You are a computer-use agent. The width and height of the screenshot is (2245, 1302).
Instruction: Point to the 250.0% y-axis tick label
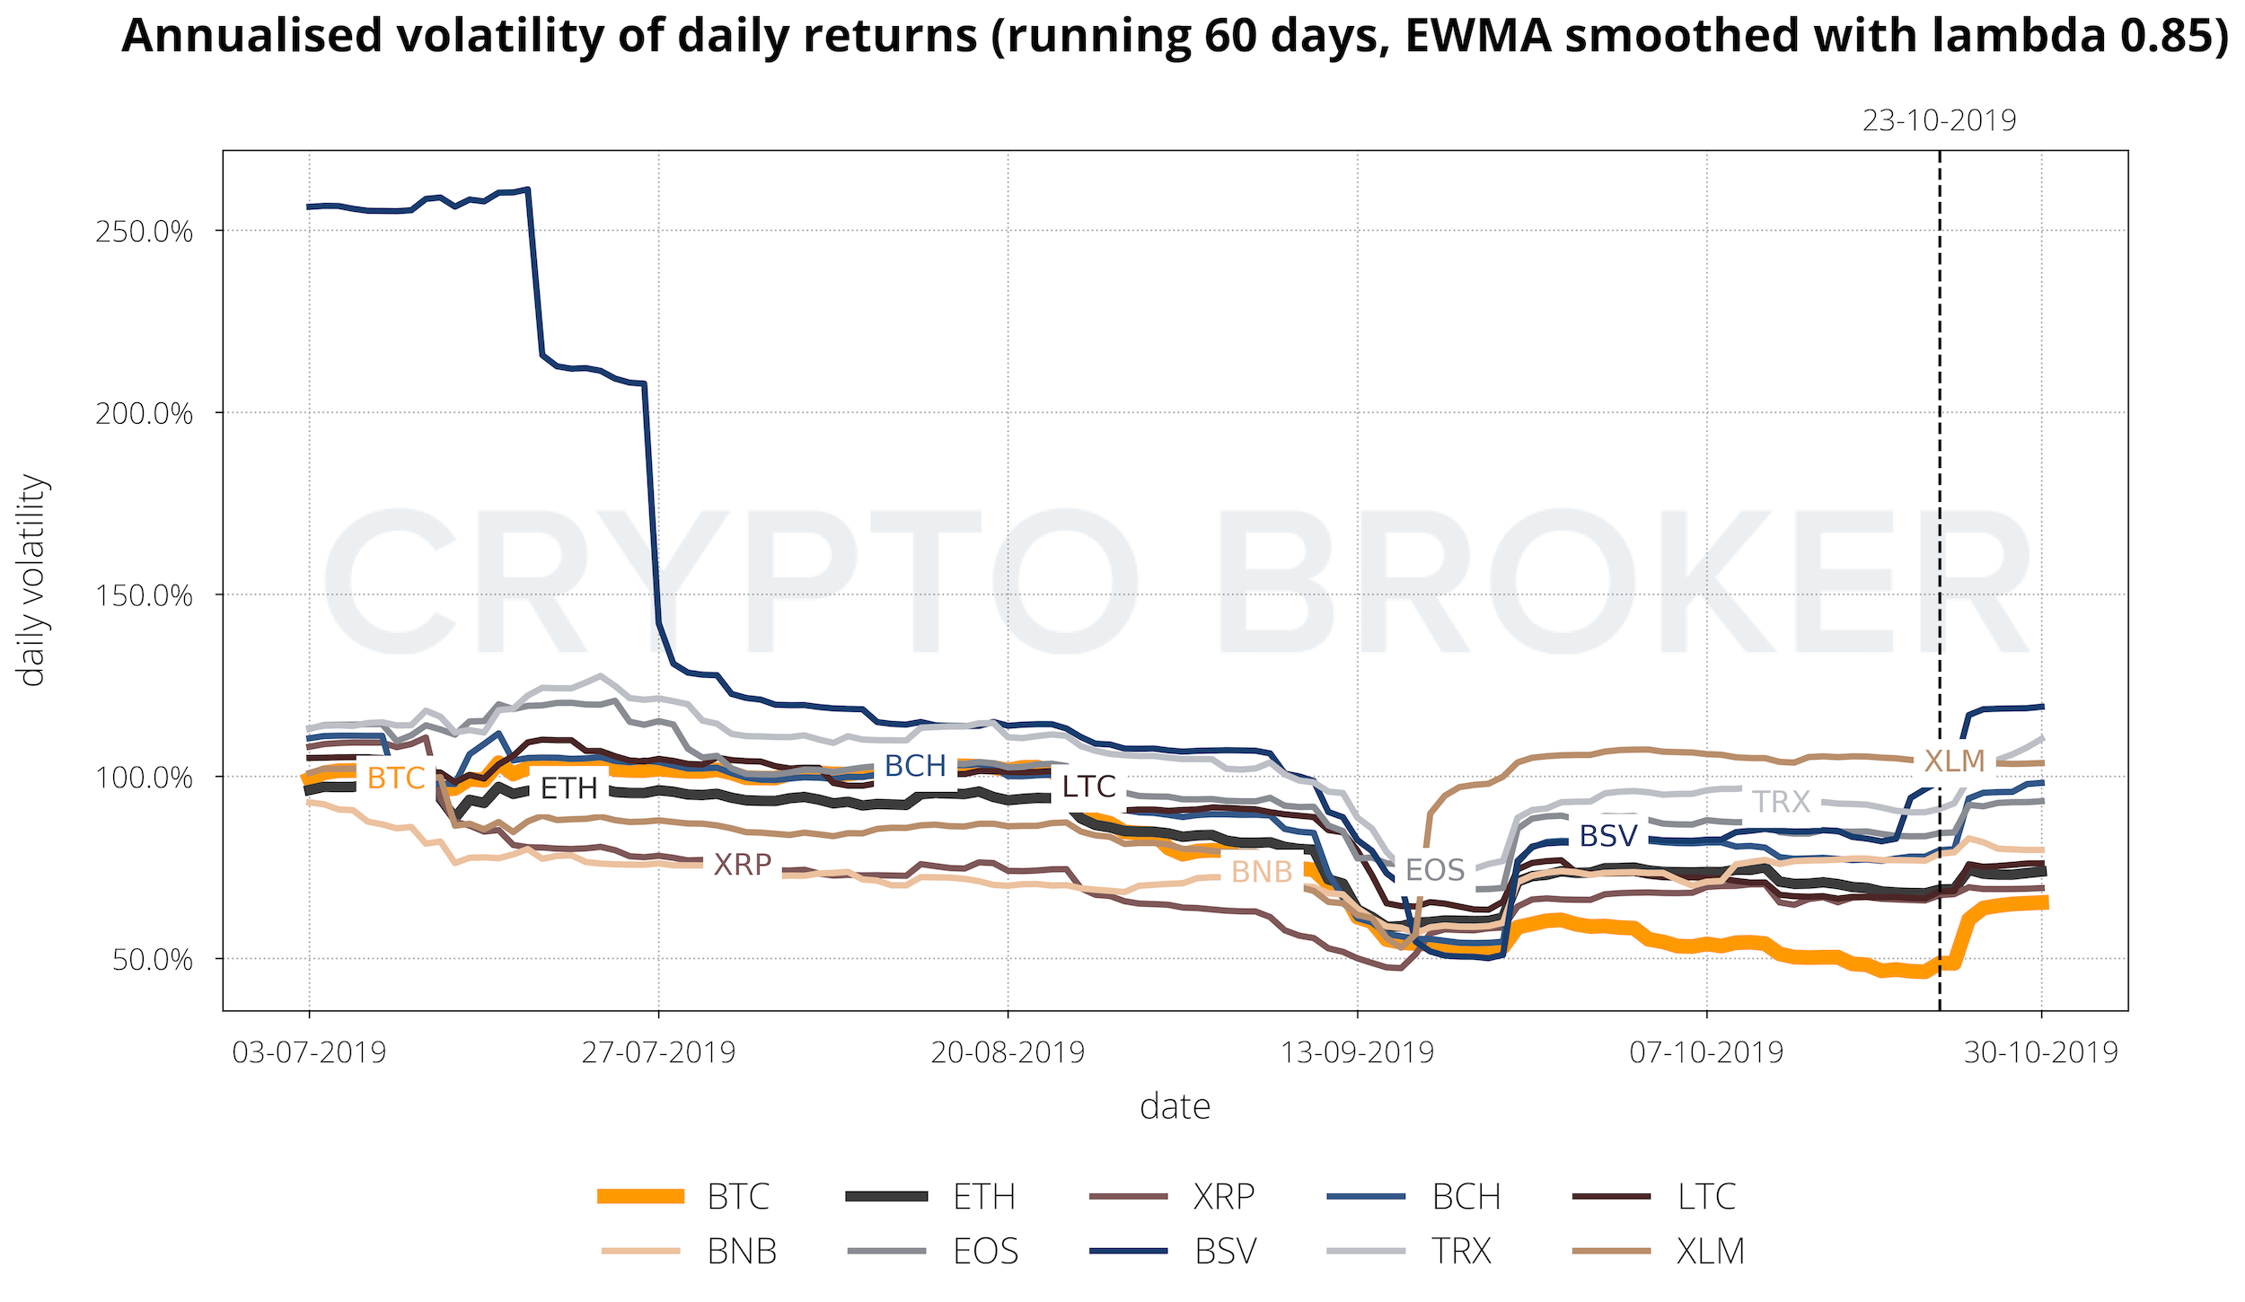[x=144, y=232]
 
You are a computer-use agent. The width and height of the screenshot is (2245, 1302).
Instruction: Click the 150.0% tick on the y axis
[x=144, y=595]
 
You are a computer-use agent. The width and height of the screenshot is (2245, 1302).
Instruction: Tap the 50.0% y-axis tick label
[x=152, y=960]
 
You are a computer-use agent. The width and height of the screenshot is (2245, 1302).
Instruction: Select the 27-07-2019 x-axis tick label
[x=658, y=1051]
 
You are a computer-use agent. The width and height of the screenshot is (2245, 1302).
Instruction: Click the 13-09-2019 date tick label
[x=1357, y=1051]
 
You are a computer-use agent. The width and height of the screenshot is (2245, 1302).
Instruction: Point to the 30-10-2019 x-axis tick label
[x=2041, y=1051]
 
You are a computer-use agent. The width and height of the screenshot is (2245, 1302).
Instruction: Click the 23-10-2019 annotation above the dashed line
[x=1939, y=120]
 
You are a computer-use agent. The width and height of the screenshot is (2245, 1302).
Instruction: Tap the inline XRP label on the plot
[x=742, y=865]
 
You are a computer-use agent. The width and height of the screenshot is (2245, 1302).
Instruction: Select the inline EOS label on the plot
[x=1434, y=870]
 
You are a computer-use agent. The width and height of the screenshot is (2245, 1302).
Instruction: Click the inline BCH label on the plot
[x=915, y=766]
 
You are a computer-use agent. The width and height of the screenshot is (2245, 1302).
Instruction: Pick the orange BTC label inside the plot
[x=396, y=779]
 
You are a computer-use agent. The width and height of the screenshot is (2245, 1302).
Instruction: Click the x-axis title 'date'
[x=1175, y=1107]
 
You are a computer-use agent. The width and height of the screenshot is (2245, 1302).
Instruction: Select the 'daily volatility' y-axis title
[x=32, y=581]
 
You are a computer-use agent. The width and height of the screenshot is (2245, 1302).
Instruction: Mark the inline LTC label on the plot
[x=1088, y=787]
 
